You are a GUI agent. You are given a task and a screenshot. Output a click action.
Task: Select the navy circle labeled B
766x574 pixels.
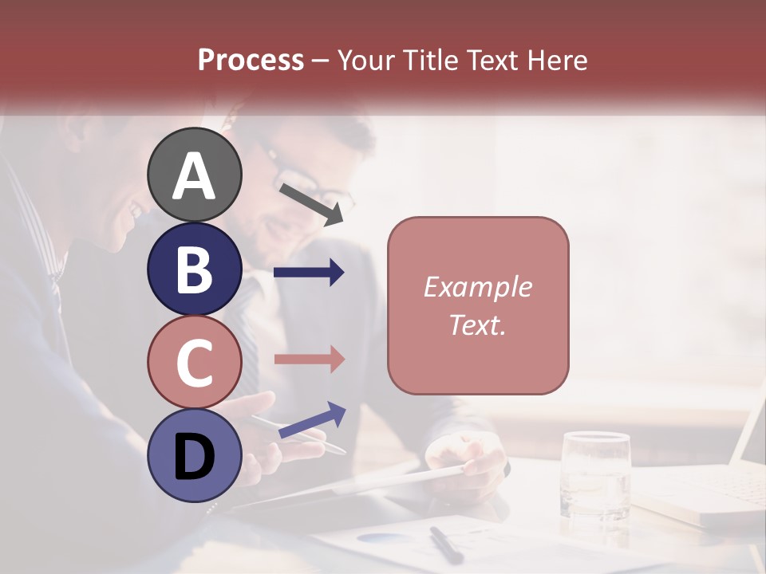click(x=195, y=269)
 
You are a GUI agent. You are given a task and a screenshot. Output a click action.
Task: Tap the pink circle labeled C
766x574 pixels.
click(x=195, y=362)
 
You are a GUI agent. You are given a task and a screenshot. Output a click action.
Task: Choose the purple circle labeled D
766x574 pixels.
click(x=195, y=456)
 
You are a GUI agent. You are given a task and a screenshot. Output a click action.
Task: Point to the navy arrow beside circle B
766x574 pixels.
click(x=309, y=273)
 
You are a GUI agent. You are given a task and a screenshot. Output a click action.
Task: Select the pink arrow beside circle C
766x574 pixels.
click(x=309, y=359)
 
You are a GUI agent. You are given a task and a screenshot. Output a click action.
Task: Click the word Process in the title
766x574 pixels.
click(x=251, y=60)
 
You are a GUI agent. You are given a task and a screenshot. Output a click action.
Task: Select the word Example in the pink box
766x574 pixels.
click(x=478, y=287)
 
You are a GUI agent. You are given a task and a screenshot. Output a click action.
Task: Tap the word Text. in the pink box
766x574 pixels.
click(x=478, y=325)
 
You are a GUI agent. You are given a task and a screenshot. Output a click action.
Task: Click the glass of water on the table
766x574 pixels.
click(x=595, y=474)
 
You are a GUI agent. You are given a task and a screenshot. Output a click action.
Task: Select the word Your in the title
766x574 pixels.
click(x=368, y=60)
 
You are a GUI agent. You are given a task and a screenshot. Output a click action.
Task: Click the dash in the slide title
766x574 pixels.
click(x=321, y=61)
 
